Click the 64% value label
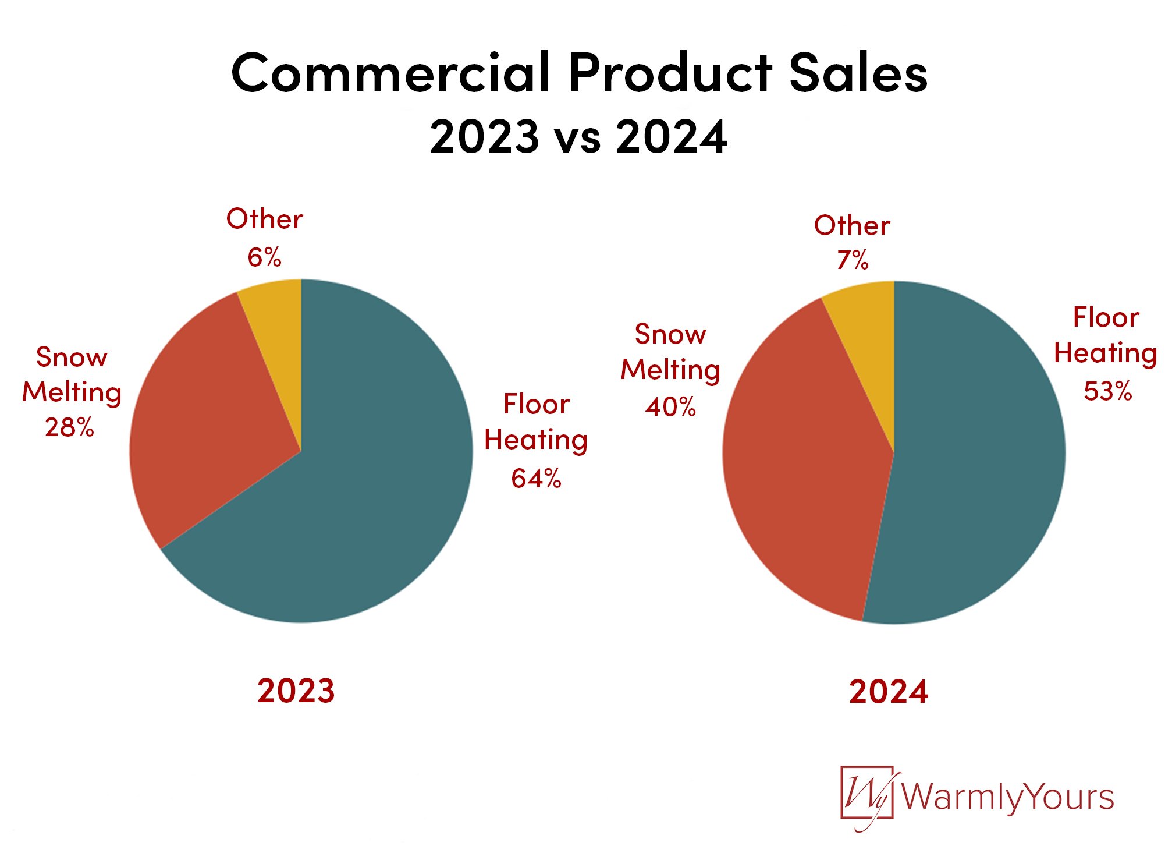coord(536,479)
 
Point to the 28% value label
coord(69,428)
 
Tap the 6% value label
coord(264,257)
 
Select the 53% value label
coord(1107,391)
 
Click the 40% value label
coord(670,408)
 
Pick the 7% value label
coord(853,260)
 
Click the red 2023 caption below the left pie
coord(296,691)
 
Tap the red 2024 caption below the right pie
coord(889,692)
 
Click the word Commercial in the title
coord(390,73)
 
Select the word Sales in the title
coord(858,73)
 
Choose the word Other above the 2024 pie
coord(852,225)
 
